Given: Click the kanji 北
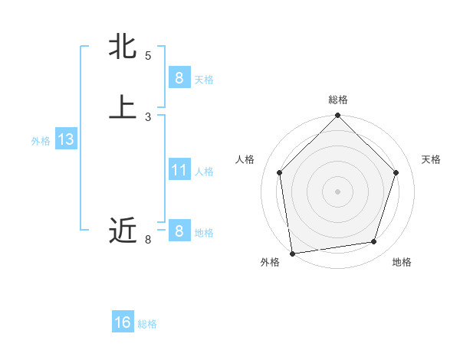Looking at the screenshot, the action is coord(123,47).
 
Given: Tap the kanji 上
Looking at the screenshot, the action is coord(123,108).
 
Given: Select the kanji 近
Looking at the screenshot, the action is coord(123,230).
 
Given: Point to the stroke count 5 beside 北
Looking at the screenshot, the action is coord(148,56).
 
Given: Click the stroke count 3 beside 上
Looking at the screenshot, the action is coord(148,117).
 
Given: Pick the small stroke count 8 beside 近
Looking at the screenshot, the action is coord(148,240).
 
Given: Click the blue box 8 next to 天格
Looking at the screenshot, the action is coord(179,77).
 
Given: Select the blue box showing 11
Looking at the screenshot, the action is coord(179,169).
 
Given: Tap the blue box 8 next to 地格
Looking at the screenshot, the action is coord(179,231).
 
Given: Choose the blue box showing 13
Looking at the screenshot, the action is coord(65,139).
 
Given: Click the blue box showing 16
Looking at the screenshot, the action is coord(123,322).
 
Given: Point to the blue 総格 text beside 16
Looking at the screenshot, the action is coord(147,324).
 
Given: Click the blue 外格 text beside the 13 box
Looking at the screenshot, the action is coord(41,141).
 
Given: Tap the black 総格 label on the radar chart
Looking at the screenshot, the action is coord(337,100).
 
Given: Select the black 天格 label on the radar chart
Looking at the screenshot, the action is coord(431,159).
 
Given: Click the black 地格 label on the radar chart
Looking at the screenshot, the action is coord(402,262).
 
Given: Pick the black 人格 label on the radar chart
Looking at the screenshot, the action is coord(245,159).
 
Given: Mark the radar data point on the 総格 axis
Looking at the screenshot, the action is coord(337,116).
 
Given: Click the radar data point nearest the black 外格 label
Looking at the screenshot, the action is coord(291,253).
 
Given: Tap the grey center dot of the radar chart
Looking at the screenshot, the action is coord(337,191).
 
